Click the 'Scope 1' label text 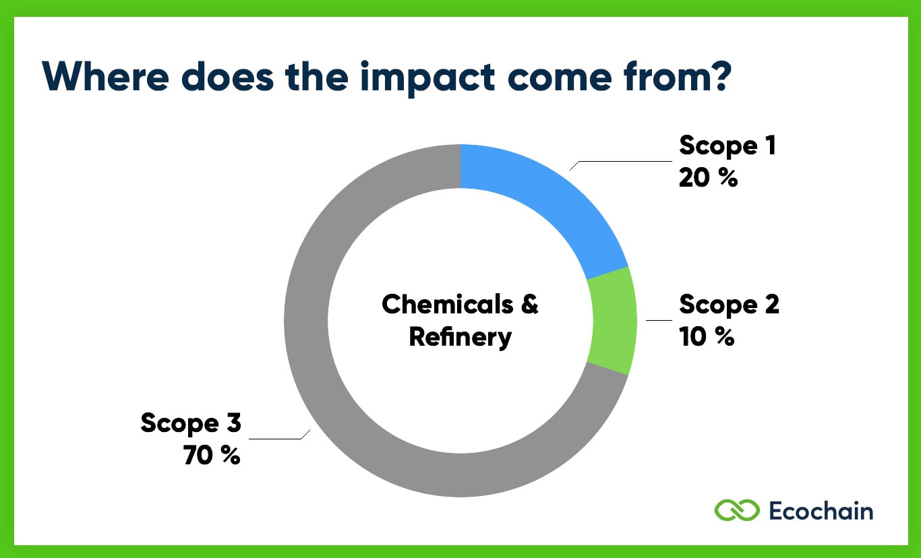coord(727,146)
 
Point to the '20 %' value coord(708,178)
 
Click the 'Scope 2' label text coord(729,305)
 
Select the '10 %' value coord(706,336)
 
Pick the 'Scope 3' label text coord(191,423)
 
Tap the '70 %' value coord(211,456)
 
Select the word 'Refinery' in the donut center coord(460,336)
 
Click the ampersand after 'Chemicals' coord(530,305)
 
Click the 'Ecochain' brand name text coord(821,510)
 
